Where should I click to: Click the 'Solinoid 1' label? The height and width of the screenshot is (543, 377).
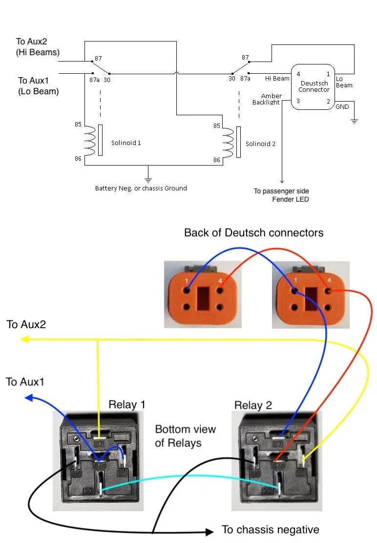126,143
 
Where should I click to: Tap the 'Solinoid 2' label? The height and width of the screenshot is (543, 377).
260,144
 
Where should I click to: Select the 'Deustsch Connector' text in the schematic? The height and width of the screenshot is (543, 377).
314,86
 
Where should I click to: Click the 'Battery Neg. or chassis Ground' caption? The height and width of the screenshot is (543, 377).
141,188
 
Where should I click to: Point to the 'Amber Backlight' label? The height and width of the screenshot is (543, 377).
267,99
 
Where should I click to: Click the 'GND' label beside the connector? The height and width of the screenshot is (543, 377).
342,106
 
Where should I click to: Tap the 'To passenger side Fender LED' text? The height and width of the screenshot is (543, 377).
281,195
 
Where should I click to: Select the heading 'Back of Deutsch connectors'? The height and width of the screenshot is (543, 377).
254,232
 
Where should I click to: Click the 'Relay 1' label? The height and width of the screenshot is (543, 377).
126,404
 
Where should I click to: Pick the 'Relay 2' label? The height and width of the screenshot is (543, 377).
253,405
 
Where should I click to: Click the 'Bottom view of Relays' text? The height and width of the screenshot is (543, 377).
185,436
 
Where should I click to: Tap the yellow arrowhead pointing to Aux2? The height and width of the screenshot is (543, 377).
24,339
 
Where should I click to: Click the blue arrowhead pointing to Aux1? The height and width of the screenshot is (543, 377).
29,397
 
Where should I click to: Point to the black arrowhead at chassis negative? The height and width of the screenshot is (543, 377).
209,532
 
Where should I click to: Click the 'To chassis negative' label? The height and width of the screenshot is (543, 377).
271,529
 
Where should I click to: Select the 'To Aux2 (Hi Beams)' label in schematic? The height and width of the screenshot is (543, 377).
38,47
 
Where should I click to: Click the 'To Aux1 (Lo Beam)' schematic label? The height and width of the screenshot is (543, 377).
38,86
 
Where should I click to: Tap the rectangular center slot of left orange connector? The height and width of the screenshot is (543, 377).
203,298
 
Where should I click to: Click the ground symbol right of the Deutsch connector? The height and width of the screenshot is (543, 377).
354,122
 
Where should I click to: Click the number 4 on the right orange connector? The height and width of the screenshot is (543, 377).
329,280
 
